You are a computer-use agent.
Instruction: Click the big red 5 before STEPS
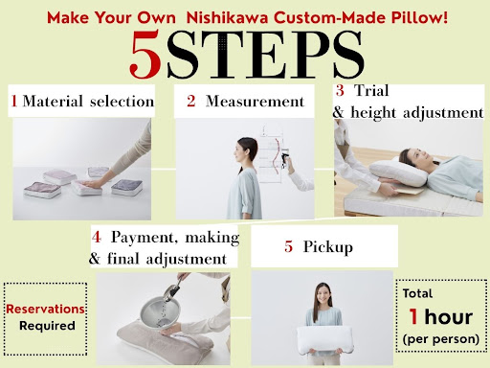145,55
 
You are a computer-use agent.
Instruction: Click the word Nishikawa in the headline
227,17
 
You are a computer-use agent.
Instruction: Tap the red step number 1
14,101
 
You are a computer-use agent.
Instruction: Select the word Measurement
255,102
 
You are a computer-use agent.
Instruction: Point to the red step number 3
340,90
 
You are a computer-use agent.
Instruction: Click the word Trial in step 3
371,90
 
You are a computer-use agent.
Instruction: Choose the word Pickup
328,247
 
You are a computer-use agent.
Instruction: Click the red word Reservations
45,310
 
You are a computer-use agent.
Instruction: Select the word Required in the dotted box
47,326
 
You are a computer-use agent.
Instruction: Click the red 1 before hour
413,316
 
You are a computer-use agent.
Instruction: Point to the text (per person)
441,339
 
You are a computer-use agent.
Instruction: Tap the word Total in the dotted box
417,293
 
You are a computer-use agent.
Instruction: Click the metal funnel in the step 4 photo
160,312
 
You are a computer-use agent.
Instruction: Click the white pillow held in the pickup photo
325,340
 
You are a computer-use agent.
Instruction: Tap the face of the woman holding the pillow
323,295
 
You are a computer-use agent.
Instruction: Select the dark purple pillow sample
127,187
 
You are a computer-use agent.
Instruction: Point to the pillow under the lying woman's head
398,172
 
